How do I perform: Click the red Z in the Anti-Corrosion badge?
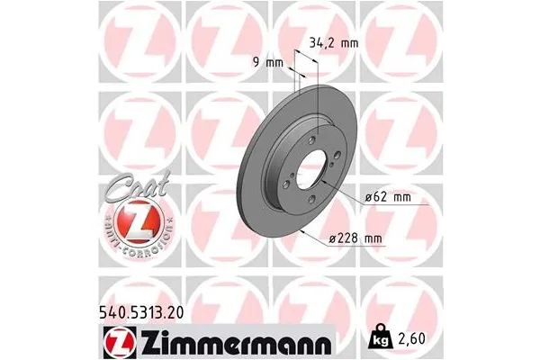click(130, 220)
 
